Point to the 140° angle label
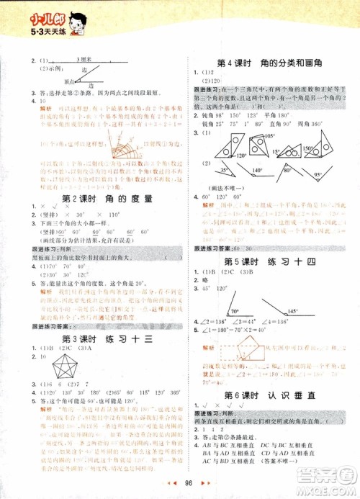click(256, 170)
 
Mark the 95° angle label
click(317, 174)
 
